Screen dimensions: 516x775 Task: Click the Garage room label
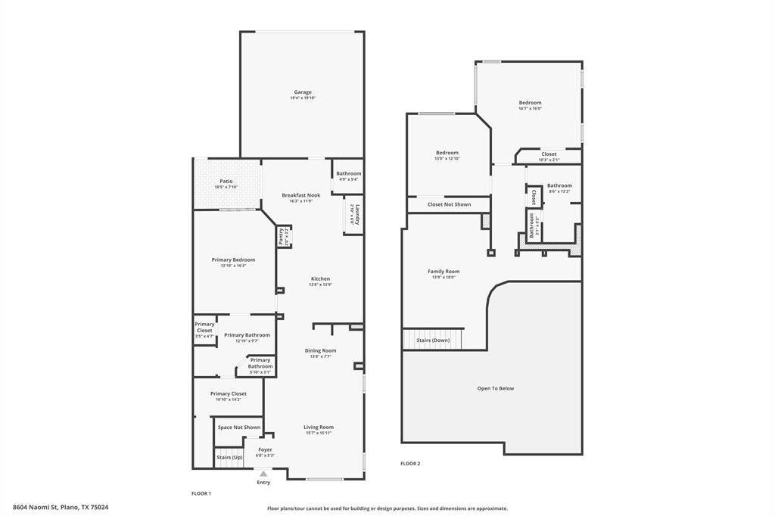point(303,92)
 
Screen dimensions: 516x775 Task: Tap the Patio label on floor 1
point(226,182)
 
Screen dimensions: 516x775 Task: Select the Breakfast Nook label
point(301,195)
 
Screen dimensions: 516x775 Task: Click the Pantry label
point(280,236)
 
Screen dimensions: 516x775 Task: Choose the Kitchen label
point(320,278)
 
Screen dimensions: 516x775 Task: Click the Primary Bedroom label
point(233,260)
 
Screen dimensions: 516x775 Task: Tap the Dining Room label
point(320,350)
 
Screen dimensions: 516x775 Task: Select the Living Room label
point(319,427)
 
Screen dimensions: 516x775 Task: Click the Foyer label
point(265,449)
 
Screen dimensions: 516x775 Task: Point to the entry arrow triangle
point(263,474)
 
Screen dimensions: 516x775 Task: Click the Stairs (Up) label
point(229,458)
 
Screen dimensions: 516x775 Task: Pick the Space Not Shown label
point(239,427)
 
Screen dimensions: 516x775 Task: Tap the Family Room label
point(444,271)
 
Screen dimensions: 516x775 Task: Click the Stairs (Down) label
point(433,340)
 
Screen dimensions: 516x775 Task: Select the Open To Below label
point(495,388)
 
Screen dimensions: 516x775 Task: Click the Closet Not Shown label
point(449,204)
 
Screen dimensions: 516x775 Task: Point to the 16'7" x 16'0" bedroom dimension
point(530,108)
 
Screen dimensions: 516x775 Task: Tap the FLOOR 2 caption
point(410,464)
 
